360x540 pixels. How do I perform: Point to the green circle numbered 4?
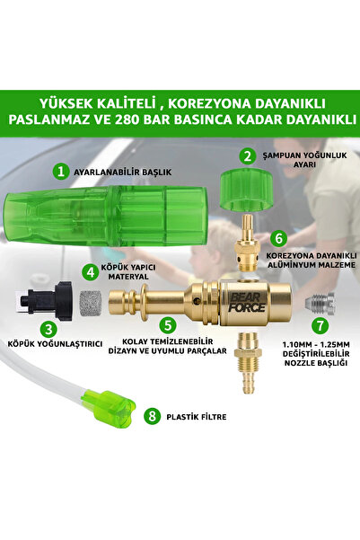point(92,270)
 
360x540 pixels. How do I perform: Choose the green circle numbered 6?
point(280,239)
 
